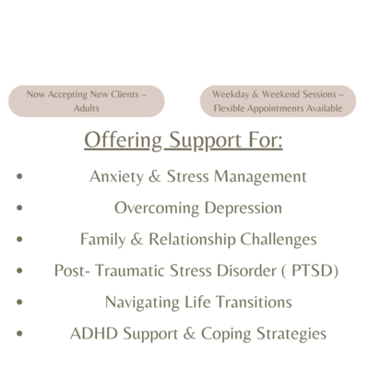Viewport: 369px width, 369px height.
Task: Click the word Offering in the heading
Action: tap(123, 140)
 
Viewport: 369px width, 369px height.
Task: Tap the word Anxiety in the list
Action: tap(116, 177)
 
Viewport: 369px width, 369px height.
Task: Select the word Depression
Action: tap(243, 208)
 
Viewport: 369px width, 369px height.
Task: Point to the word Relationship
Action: tap(192, 240)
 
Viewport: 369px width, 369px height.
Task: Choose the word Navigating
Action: tap(142, 303)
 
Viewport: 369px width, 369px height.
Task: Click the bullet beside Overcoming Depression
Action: tap(19, 208)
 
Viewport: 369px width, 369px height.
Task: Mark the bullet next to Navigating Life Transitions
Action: tap(19, 302)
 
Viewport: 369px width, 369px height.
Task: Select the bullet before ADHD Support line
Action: tap(19, 333)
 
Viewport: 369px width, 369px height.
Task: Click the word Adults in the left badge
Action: tap(86, 108)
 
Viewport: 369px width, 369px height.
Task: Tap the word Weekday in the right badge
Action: tap(231, 94)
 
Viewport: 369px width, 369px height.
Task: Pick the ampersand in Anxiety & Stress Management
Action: tap(155, 176)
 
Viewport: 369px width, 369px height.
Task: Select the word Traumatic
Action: tap(130, 271)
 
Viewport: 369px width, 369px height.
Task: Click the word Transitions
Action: tap(254, 302)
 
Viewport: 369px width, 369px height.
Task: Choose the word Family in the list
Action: tap(103, 240)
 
